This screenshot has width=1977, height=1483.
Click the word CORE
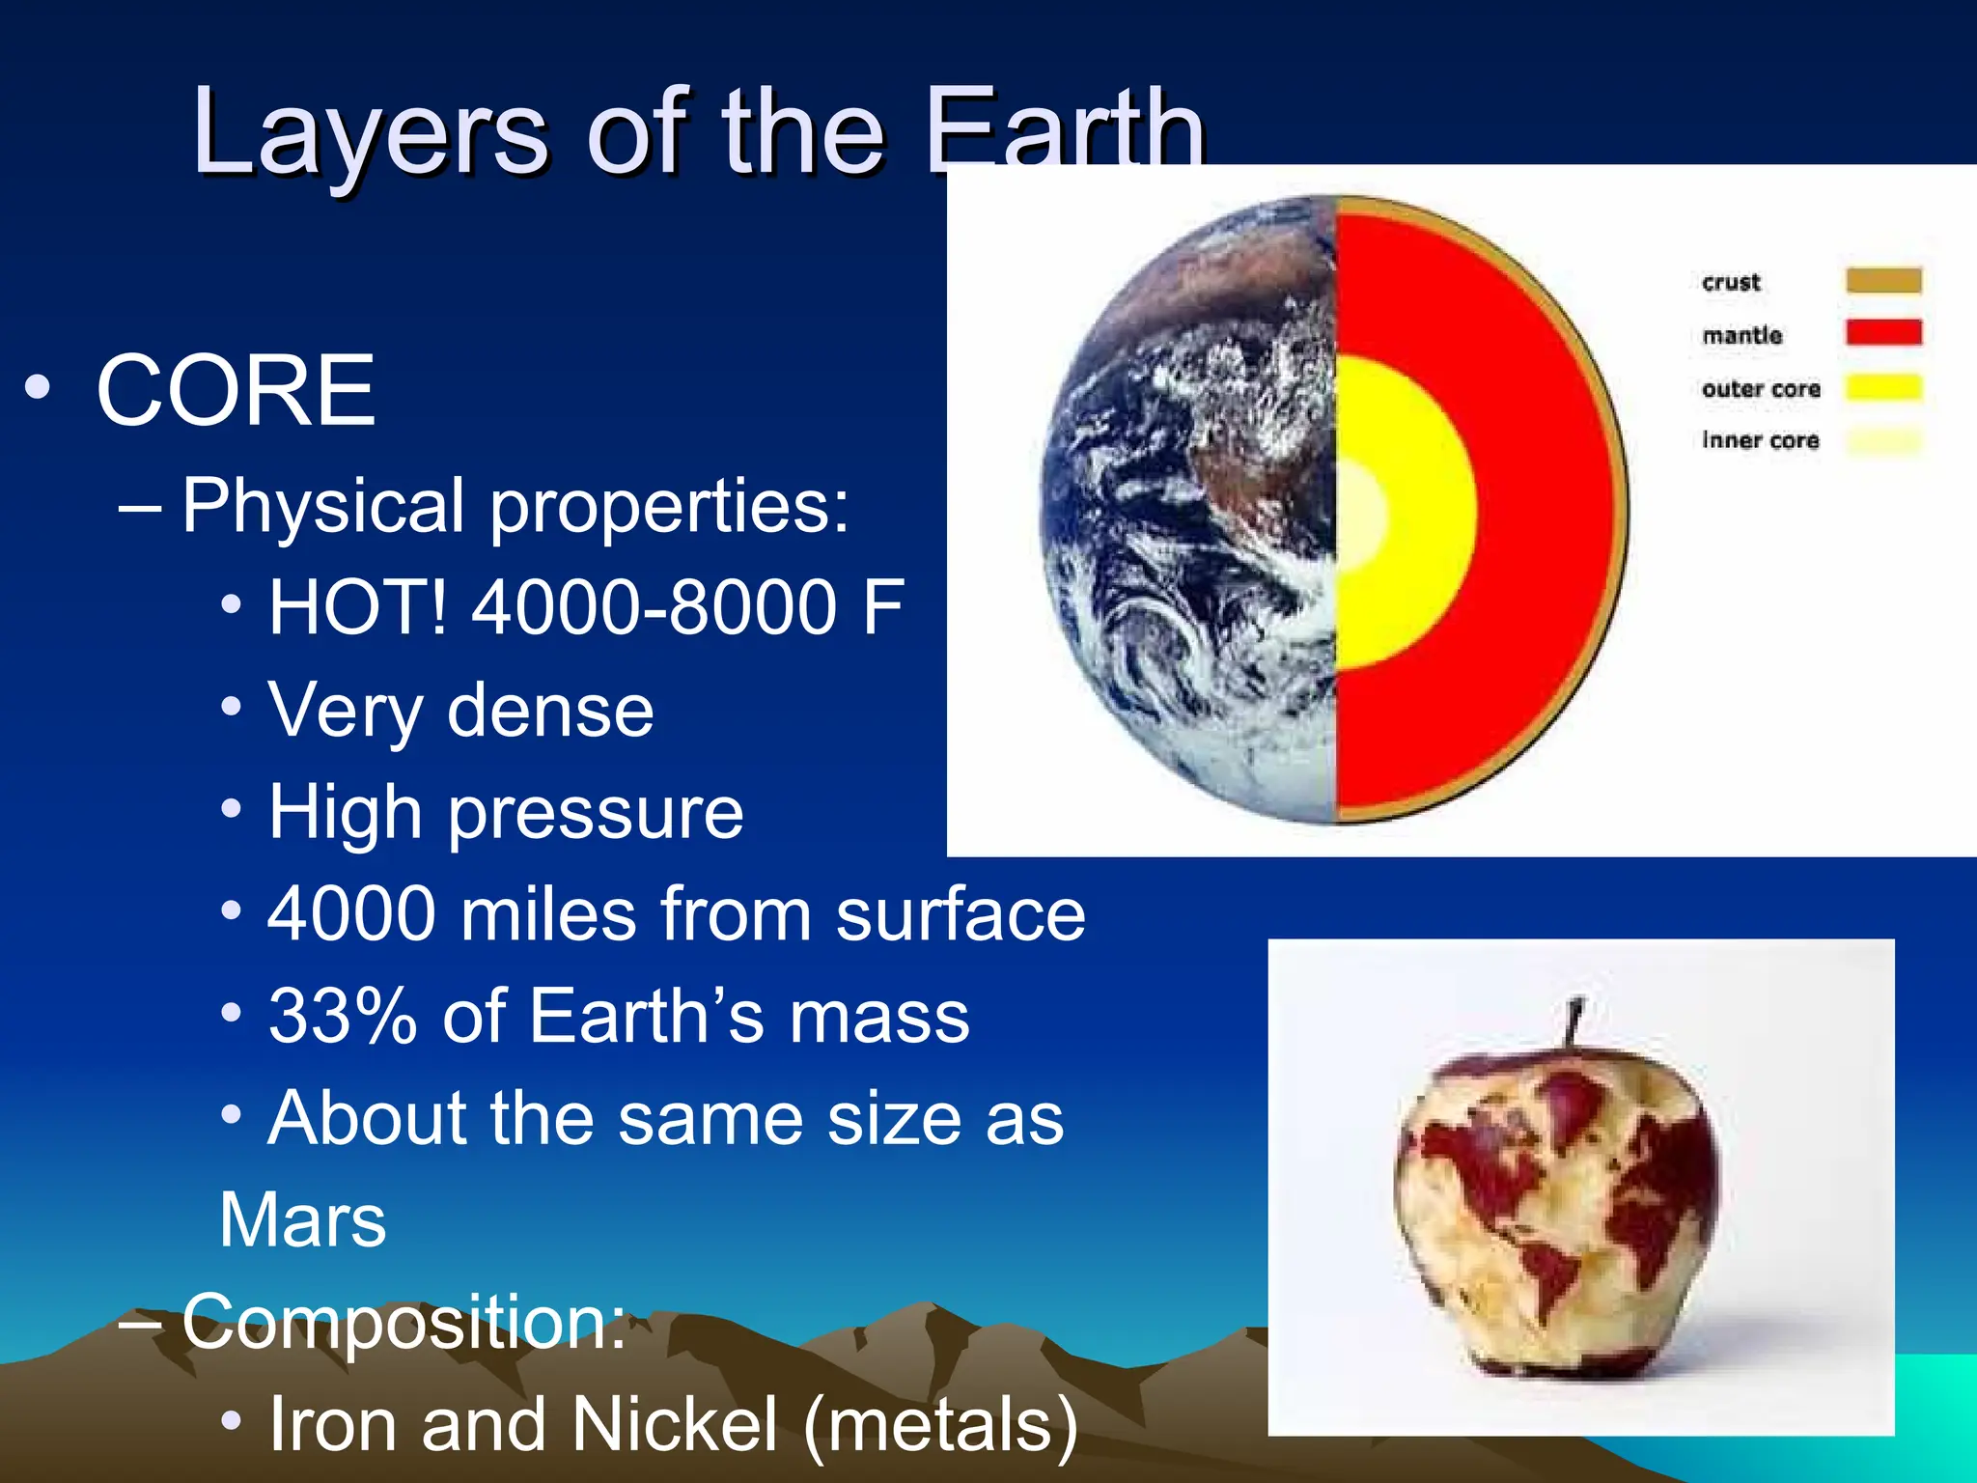click(236, 390)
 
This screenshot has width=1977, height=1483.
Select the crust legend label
click(1731, 282)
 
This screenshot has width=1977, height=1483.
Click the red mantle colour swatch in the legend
click(1883, 332)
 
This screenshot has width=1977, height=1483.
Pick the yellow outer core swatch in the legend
click(1883, 387)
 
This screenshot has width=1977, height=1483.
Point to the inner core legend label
click(1760, 440)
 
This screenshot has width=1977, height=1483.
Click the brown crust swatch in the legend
click(1883, 280)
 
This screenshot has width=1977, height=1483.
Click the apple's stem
click(1574, 1023)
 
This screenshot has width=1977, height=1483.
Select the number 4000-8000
click(654, 607)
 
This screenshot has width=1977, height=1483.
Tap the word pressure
click(596, 813)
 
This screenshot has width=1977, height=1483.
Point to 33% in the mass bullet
click(342, 1016)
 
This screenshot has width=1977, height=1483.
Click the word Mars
click(302, 1219)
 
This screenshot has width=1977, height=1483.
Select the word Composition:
click(404, 1321)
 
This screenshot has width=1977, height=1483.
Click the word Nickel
click(674, 1423)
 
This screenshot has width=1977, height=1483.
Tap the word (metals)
click(940, 1423)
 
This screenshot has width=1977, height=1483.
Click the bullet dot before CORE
click(37, 388)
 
